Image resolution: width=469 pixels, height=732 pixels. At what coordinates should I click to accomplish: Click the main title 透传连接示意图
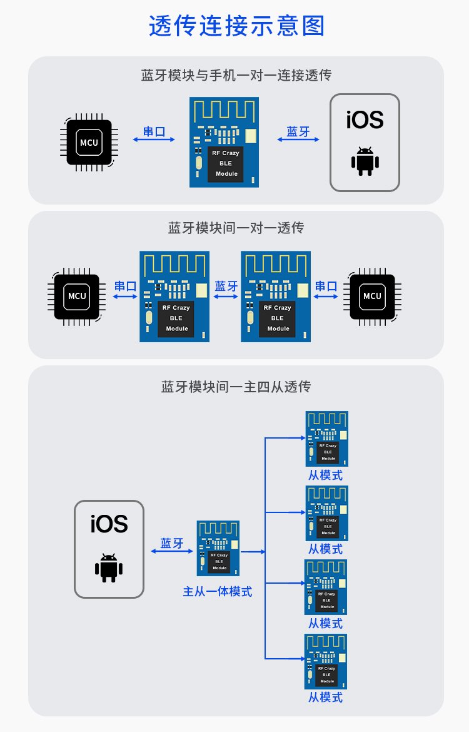[236, 27]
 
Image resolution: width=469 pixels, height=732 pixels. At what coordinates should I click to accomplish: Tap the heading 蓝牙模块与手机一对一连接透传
[236, 76]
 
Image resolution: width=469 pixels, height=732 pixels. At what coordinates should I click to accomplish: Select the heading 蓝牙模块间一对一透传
[236, 228]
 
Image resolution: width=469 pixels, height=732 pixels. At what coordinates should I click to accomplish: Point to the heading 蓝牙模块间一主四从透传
[236, 387]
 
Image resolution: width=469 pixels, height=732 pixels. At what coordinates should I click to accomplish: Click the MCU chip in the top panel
[89, 143]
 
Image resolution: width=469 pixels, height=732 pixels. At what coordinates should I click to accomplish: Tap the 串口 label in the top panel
[154, 131]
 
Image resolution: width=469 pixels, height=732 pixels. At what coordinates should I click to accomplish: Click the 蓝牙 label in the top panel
[298, 131]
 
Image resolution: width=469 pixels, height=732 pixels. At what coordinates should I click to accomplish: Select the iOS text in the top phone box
[365, 119]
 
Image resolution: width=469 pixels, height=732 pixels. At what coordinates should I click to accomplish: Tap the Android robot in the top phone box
[365, 161]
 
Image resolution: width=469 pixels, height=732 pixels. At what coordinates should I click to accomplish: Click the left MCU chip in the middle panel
[77, 296]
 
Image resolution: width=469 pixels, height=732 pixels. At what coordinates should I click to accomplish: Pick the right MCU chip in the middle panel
[372, 296]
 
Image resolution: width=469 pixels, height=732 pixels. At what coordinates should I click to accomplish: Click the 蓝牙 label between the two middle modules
[226, 287]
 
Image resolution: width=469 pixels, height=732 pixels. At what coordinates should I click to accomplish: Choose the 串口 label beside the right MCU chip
[326, 287]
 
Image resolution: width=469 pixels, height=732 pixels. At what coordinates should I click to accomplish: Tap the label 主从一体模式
[218, 591]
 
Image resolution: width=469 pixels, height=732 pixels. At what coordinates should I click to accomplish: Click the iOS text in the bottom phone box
[109, 524]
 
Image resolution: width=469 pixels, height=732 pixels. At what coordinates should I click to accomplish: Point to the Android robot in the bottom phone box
[109, 567]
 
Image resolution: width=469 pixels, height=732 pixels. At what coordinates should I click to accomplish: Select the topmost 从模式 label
[325, 475]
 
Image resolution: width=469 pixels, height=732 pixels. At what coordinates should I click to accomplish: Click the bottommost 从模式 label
[325, 697]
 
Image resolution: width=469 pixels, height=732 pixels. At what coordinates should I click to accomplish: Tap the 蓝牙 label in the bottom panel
[172, 543]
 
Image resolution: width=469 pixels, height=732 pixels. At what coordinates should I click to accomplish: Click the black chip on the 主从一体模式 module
[219, 561]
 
